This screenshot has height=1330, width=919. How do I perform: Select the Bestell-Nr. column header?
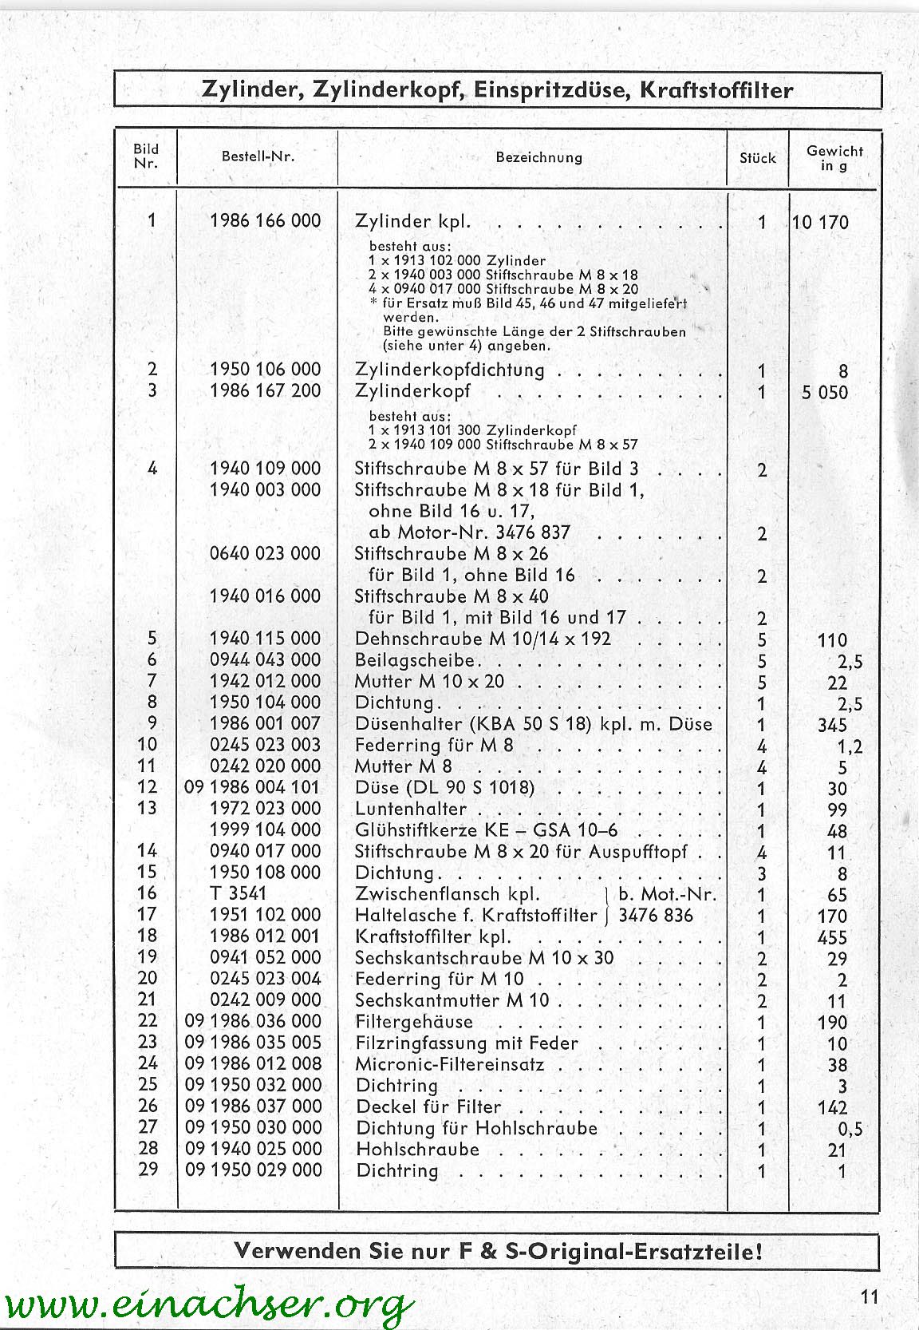pos(258,156)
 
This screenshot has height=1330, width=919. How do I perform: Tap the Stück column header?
pos(757,158)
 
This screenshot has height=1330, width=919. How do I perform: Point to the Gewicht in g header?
pos(834,157)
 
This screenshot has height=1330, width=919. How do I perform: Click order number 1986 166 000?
pos(265,220)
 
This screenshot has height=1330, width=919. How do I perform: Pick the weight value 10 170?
pos(821,223)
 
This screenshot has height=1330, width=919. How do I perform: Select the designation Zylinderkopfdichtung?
pos(449,370)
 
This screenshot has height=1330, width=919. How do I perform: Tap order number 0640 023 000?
pos(265,553)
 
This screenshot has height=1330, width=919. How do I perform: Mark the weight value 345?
pos(831,726)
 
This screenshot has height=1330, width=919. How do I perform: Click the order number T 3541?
pos(237,893)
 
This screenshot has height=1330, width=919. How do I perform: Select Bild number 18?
pos(148,936)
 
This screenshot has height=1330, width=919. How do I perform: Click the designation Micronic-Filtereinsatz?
pos(450,1064)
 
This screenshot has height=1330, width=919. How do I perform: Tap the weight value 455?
pos(831,938)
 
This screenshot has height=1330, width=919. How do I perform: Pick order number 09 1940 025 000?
pos(253,1149)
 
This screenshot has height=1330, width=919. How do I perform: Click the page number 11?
pos(869,1296)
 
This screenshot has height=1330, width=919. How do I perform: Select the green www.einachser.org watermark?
pos(207,1304)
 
